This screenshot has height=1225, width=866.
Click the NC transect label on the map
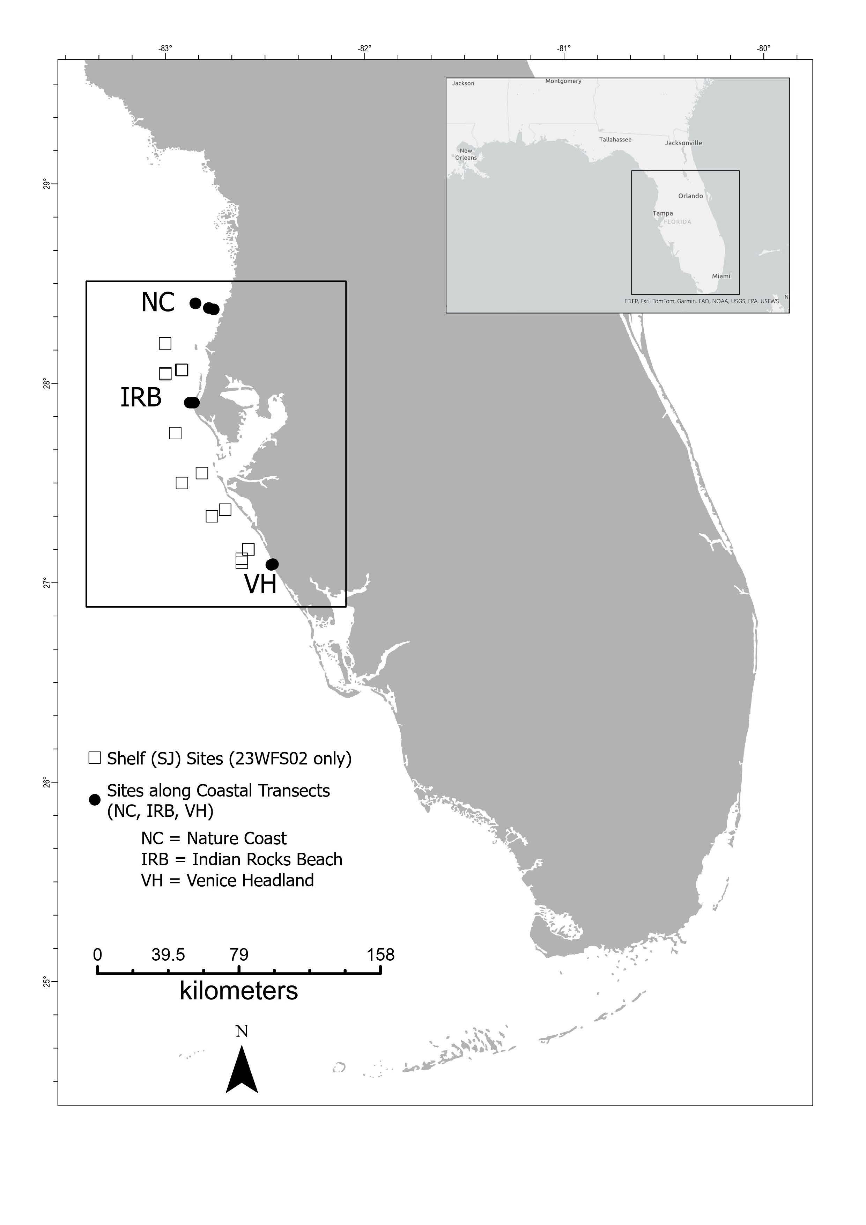click(158, 302)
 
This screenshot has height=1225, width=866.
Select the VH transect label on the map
click(260, 584)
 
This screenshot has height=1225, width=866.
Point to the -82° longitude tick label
click(365, 49)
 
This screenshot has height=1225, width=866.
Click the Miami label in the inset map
click(721, 276)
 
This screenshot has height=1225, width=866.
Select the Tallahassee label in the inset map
click(615, 140)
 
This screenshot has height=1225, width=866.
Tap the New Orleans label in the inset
click(466, 154)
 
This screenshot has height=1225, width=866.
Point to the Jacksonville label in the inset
click(683, 143)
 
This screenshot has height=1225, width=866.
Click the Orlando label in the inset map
click(690, 196)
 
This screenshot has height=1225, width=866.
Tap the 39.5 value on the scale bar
click(168, 955)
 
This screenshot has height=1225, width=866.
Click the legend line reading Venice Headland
click(227, 880)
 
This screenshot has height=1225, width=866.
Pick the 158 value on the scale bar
click(380, 955)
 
